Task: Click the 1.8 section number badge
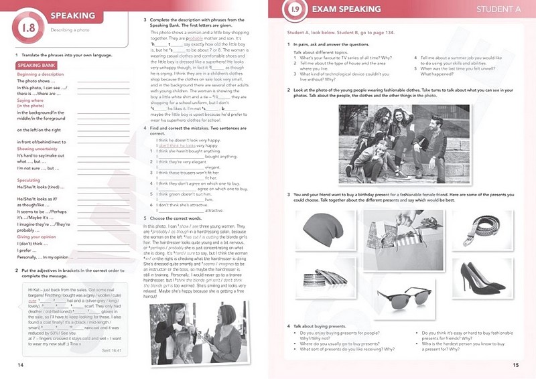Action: (29, 28)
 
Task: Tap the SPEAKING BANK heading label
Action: (34, 66)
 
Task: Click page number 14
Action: (19, 364)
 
